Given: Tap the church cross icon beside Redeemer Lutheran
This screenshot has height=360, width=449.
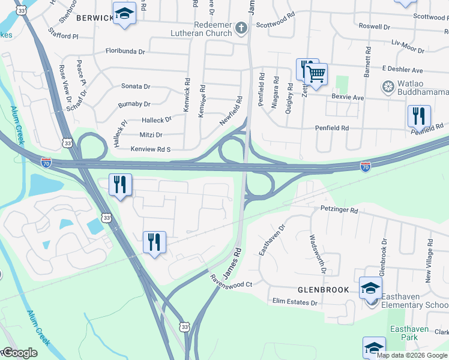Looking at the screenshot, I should [x=241, y=28].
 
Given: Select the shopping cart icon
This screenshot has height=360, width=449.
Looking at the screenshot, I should [x=315, y=74].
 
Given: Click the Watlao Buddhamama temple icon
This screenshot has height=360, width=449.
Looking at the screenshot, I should [x=388, y=88].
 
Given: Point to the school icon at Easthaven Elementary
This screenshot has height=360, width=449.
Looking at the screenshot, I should [x=370, y=289].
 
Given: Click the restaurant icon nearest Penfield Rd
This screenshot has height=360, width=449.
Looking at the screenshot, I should [x=419, y=116].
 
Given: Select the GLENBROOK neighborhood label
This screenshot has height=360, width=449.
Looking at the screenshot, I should [x=323, y=290].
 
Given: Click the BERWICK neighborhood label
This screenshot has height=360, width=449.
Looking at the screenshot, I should [x=95, y=19].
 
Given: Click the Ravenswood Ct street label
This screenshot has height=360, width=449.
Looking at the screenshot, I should [x=231, y=281].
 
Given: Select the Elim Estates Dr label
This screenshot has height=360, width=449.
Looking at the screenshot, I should [x=294, y=302].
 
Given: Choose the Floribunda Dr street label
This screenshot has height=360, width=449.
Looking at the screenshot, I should [x=125, y=52].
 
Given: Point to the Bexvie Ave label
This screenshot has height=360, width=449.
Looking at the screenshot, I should [x=348, y=97].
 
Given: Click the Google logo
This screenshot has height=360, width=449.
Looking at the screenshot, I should [x=19, y=353].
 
